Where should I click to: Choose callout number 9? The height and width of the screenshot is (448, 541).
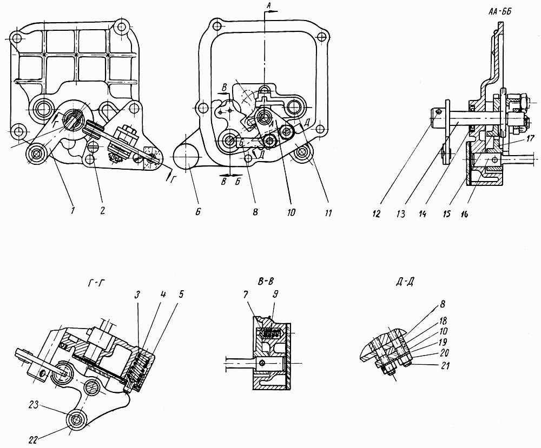pos(275,295)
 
